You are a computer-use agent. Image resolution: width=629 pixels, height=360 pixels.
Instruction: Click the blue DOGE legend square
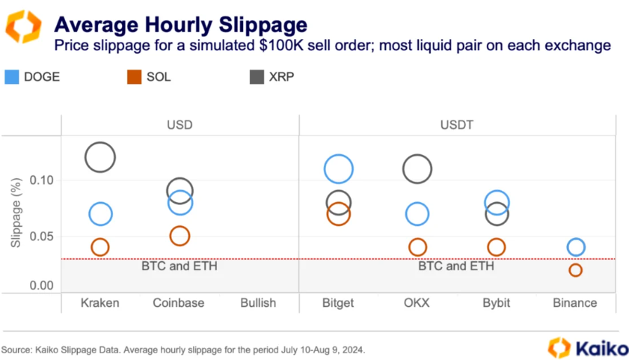[x=12, y=77]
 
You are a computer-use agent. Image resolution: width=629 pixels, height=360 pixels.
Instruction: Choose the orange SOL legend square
[x=134, y=77]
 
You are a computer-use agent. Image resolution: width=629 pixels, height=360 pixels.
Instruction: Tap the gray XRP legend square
[x=257, y=77]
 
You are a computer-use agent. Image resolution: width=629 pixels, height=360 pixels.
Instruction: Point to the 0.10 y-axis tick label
[x=41, y=180]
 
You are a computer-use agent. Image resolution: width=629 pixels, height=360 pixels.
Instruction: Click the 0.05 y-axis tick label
[x=41, y=237]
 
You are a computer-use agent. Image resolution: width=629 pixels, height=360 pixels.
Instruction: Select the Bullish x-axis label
[x=258, y=302]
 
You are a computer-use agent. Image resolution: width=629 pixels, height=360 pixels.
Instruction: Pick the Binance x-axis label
[x=575, y=302]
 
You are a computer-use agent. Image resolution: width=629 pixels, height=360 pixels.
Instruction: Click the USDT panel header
[x=456, y=125]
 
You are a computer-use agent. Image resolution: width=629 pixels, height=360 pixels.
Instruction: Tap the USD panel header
[x=180, y=125]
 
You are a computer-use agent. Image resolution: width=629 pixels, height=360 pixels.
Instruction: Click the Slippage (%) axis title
[x=16, y=213]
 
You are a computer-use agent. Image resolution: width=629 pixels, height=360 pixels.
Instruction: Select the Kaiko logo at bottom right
[x=588, y=347]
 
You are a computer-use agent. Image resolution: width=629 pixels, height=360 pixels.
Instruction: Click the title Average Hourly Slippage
[x=181, y=25]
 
